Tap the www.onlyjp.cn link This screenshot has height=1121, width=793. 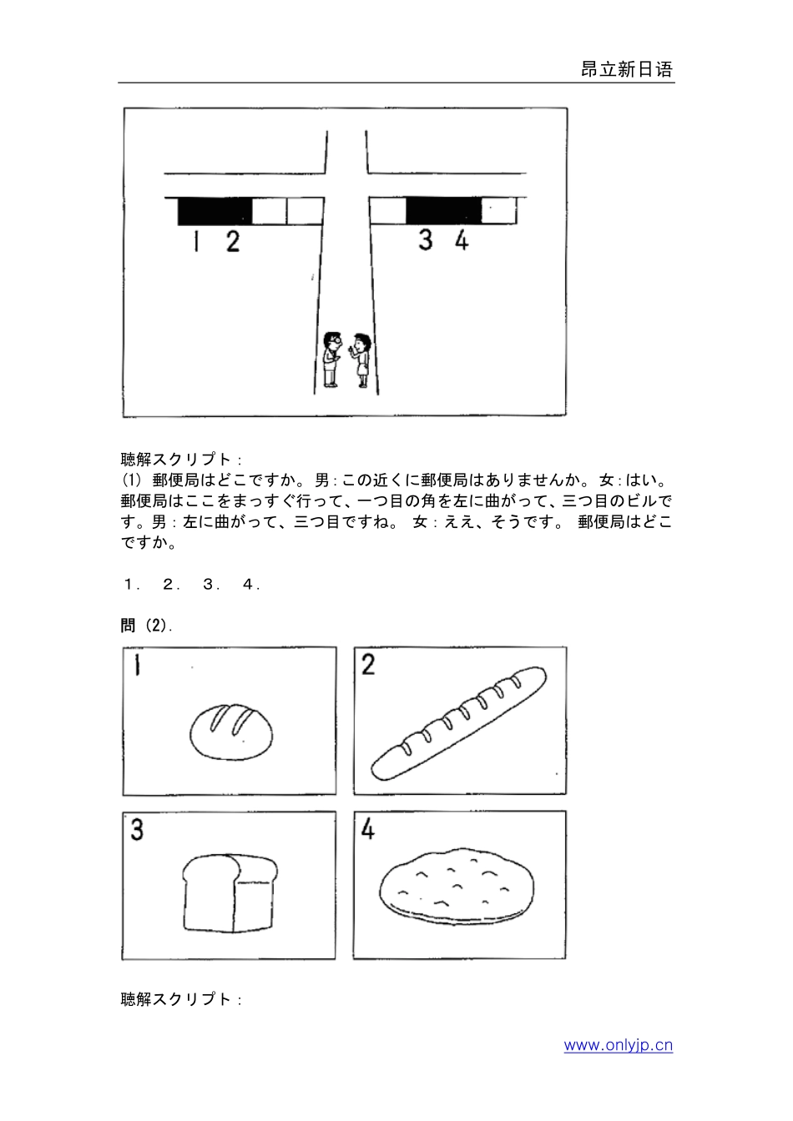(x=618, y=1045)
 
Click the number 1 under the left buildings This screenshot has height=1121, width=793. (x=195, y=242)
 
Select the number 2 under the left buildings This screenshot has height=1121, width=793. (x=232, y=242)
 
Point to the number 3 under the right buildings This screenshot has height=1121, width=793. (x=426, y=240)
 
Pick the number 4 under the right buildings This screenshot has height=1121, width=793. (x=462, y=240)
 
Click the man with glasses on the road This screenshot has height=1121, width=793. (x=331, y=359)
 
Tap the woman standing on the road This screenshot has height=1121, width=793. (x=361, y=359)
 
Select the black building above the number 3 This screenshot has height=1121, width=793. (x=443, y=211)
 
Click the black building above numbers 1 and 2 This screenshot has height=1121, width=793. (x=215, y=211)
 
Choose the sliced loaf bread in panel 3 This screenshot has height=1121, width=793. (x=228, y=892)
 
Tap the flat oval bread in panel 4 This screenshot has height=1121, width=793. (x=457, y=887)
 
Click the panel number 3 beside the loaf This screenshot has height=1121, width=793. (x=137, y=830)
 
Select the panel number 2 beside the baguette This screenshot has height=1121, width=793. (x=368, y=666)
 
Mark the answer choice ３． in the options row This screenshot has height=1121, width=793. (x=210, y=585)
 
